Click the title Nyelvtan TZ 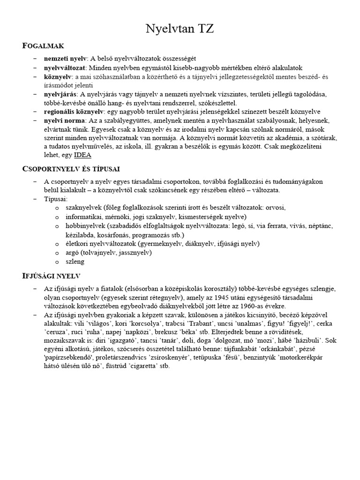[x=180, y=30]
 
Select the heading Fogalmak [x=43, y=45]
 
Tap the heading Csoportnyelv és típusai [x=71, y=168]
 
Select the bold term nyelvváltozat [x=66, y=67]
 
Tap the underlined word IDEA [x=82, y=155]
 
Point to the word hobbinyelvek [x=82, y=225]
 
